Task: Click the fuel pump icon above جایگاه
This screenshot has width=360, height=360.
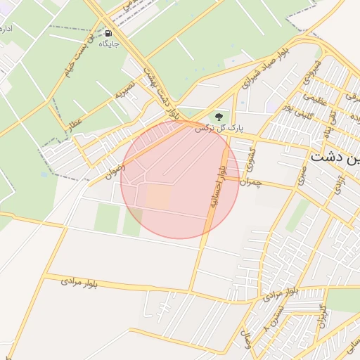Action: (108, 33)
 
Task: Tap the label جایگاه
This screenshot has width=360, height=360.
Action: (108, 44)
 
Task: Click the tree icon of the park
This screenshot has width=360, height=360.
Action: (219, 115)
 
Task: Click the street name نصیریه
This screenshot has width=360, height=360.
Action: (126, 89)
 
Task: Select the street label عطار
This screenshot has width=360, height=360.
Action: (74, 122)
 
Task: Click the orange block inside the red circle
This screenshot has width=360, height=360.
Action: (157, 197)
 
